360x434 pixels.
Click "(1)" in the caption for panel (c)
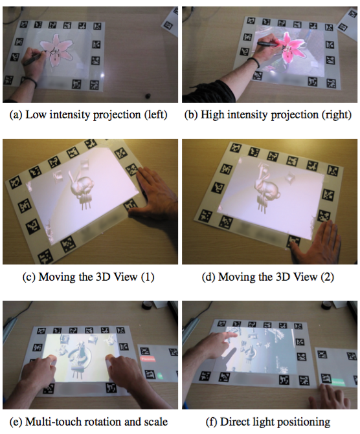(148, 277)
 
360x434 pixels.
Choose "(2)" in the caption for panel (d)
(327, 277)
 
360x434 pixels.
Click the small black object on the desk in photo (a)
(148, 96)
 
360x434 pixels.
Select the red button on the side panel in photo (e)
(148, 359)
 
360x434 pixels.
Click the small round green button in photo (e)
(160, 376)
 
